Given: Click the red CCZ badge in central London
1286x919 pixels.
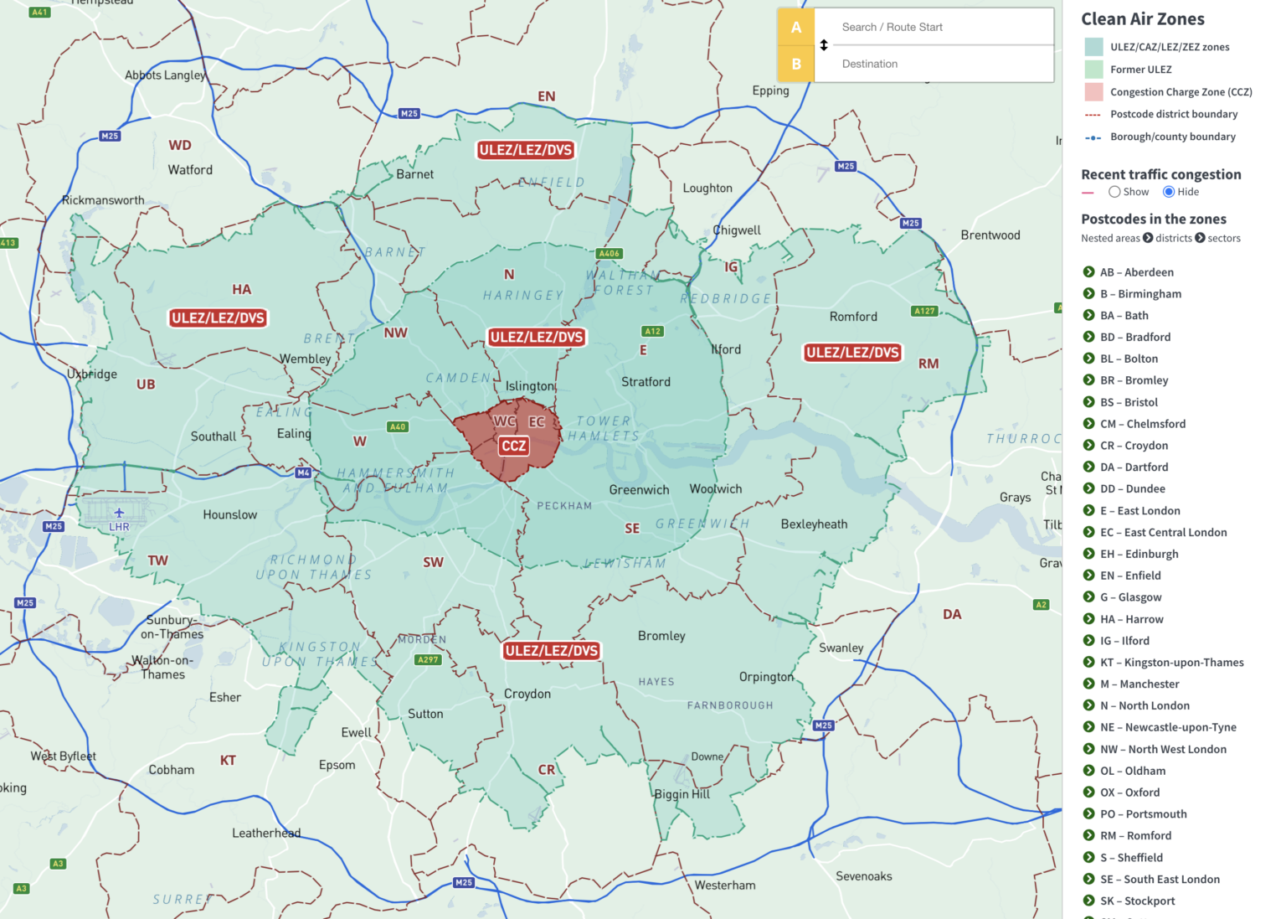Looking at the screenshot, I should [x=513, y=446].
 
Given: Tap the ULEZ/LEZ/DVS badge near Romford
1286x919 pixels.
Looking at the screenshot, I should [x=852, y=353].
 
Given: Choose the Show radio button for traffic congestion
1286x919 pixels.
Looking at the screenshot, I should [x=1114, y=192].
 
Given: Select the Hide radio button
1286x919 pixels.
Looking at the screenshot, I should [x=1169, y=192].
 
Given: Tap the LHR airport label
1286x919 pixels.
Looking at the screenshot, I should [x=119, y=526].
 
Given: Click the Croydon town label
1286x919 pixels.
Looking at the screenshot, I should [x=527, y=694].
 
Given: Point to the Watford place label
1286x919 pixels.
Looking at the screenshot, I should [x=190, y=170].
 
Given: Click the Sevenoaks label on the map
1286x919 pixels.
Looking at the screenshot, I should [x=863, y=876].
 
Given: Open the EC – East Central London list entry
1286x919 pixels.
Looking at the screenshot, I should [x=1163, y=532].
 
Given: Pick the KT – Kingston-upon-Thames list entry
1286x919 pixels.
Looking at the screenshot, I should [x=1171, y=662].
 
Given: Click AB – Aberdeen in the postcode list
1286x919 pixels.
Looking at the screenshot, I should [x=1136, y=272].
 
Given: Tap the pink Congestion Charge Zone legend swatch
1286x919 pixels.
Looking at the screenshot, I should [x=1093, y=92].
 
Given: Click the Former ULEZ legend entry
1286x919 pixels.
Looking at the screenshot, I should [x=1140, y=70].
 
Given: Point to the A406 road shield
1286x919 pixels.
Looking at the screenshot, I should [x=609, y=253].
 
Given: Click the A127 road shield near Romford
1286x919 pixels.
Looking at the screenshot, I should [x=924, y=311].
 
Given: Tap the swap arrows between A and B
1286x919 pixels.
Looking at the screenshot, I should [x=824, y=45].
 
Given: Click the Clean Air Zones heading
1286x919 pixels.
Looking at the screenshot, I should [x=1142, y=19].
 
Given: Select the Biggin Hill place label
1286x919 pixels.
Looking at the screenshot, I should [x=682, y=794].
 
